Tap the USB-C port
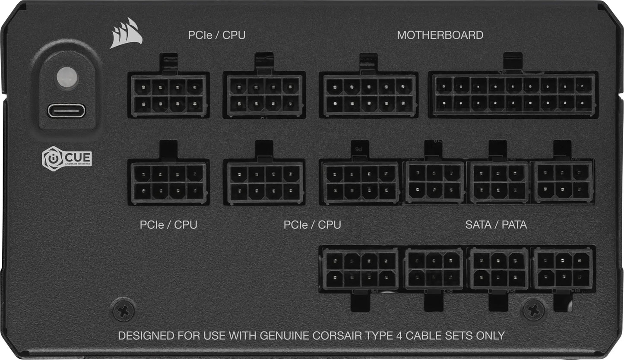pos(67,111)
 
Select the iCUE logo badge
pos(67,158)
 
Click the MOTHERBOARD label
pos(440,35)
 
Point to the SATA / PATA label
pos(496,225)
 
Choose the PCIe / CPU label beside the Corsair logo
pos(216,35)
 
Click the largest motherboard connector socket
pos(513,95)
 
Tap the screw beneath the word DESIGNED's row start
pos(124,309)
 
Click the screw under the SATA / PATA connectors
pos(534,309)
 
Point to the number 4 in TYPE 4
pos(421,335)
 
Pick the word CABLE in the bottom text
pos(444,335)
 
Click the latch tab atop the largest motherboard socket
pos(513,62)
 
